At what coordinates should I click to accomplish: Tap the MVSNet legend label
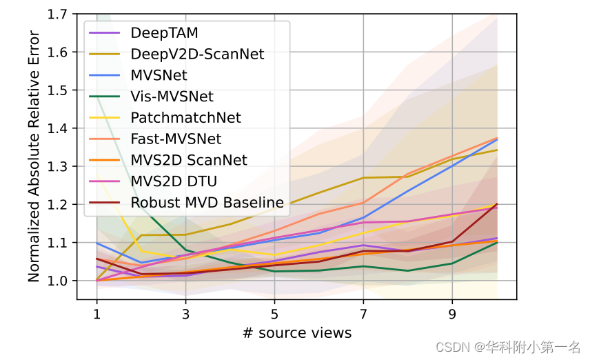[159, 75]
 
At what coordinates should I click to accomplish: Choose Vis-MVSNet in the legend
[172, 97]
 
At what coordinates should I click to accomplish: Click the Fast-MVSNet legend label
[176, 139]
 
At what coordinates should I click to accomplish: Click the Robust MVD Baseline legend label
[207, 203]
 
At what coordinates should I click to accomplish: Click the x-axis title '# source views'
[296, 333]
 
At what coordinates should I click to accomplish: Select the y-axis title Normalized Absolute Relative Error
[34, 147]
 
